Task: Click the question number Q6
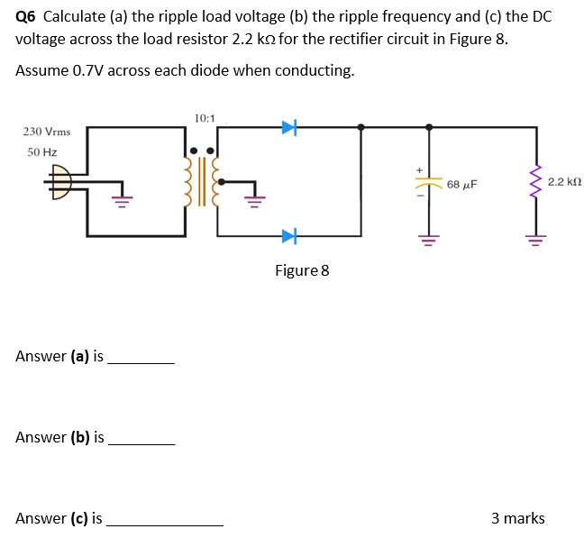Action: pos(26,17)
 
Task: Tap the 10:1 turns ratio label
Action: pos(205,118)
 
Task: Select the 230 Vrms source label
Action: pos(47,132)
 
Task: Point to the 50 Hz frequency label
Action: pos(41,152)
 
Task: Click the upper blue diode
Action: pos(288,128)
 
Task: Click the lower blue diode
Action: pos(288,237)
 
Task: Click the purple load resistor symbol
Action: pos(538,183)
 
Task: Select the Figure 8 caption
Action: pos(302,270)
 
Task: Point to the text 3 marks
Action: pos(517,518)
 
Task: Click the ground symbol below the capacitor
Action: pos(428,240)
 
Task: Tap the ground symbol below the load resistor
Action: pos(538,240)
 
